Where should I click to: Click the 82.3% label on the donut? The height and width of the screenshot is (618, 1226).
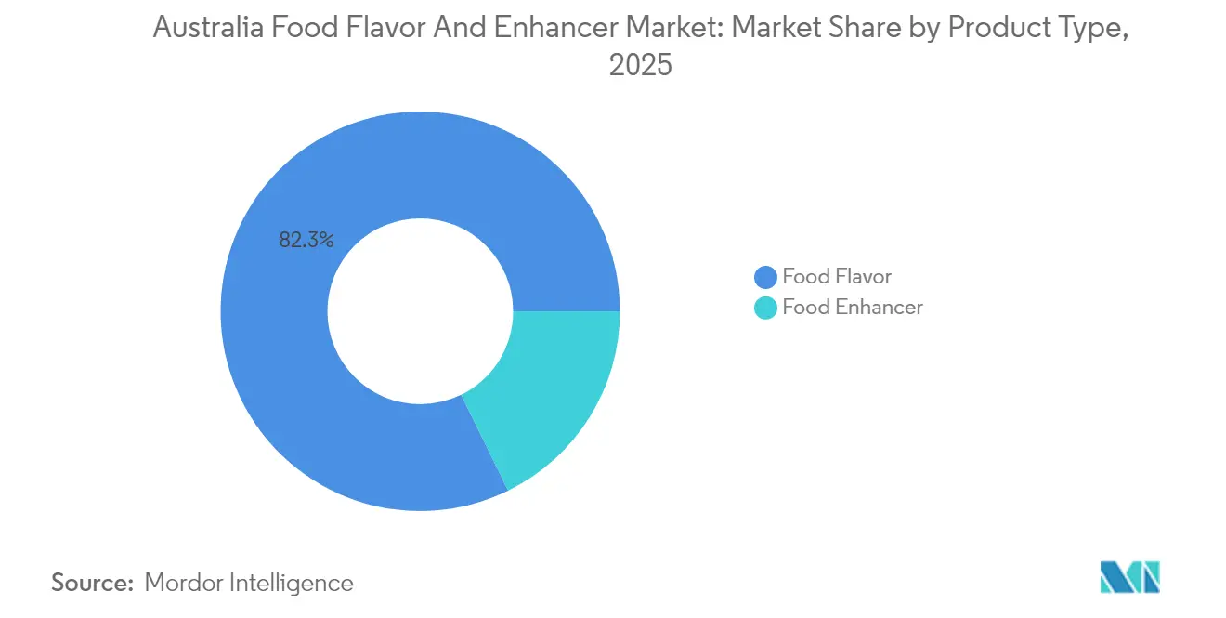pos(306,240)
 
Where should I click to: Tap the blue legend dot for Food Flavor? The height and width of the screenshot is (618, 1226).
pos(765,277)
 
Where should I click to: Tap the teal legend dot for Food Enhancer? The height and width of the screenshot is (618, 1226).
pos(765,308)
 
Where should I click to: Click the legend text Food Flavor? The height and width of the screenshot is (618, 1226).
pos(836,277)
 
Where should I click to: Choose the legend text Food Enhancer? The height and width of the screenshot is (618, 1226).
pos(852,308)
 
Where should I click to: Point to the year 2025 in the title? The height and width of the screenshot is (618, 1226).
pos(640,66)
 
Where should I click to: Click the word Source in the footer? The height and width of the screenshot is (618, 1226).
pos(92,584)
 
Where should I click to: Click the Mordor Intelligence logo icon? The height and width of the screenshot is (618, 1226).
pos(1130,577)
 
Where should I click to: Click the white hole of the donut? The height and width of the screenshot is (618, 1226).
pos(420,310)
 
